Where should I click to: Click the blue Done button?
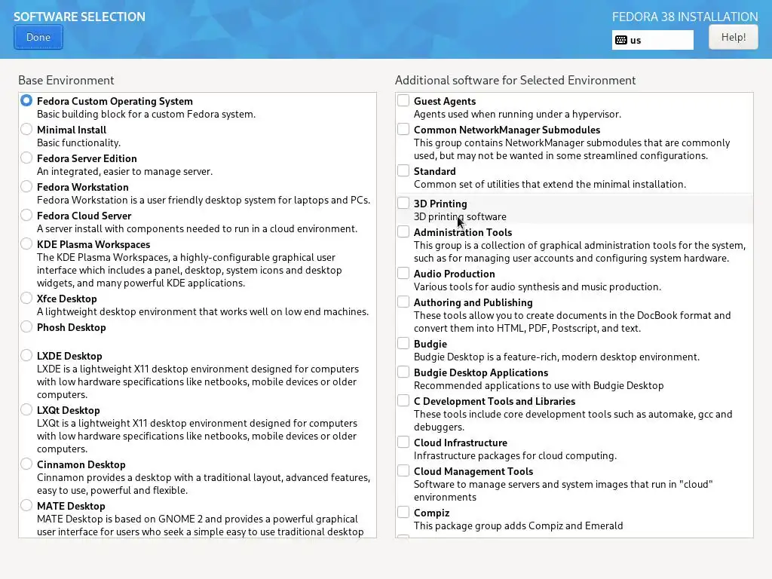(x=38, y=37)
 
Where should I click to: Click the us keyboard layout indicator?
(x=652, y=40)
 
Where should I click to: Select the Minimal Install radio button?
(x=26, y=130)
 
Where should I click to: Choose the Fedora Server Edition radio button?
(x=26, y=158)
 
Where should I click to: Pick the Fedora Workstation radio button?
(x=26, y=187)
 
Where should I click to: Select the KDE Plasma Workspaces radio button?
(x=26, y=244)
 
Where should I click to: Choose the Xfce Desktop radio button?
(x=26, y=299)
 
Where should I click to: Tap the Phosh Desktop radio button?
(x=26, y=327)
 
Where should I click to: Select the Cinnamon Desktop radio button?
(x=26, y=464)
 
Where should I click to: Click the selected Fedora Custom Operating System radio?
(x=26, y=101)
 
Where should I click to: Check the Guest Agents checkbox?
(x=403, y=101)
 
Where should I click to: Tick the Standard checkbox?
(x=403, y=171)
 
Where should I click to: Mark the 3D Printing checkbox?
(x=403, y=204)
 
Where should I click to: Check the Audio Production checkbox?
(x=403, y=274)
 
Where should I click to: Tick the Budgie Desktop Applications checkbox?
(x=403, y=372)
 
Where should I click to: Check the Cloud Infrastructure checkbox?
(x=403, y=443)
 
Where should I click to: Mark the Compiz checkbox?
(x=403, y=513)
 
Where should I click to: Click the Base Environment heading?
(x=66, y=80)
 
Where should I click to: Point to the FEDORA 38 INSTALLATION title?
(x=685, y=17)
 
